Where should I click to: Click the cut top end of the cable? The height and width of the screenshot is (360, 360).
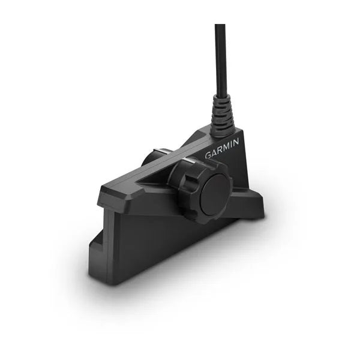220,26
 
